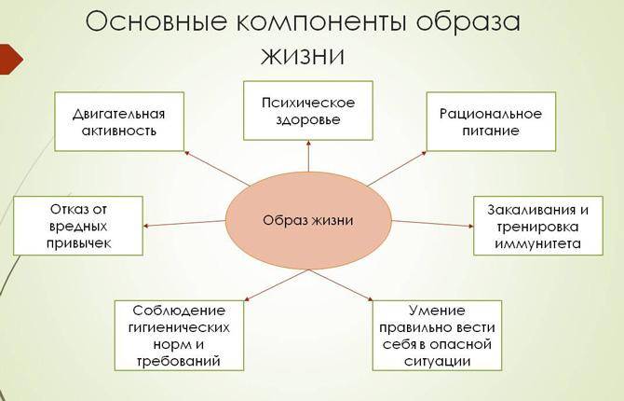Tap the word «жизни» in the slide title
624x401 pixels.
click(303, 55)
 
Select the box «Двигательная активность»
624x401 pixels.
click(119, 121)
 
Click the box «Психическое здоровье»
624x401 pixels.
click(308, 111)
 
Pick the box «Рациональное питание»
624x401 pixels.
click(491, 121)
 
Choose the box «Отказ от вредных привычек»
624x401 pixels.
click(78, 226)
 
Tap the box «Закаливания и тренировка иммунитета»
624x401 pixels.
click(538, 226)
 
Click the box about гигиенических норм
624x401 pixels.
click(179, 336)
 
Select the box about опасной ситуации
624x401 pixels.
click(437, 336)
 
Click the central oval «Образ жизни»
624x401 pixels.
click(309, 220)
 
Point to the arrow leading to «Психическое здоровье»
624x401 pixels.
click(309, 156)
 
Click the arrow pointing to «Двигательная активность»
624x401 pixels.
click(217, 168)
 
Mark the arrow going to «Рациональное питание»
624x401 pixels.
click(397, 169)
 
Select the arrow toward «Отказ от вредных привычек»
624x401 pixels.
click(184, 223)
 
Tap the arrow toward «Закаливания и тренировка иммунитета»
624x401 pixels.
click(433, 223)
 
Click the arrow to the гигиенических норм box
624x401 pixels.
click(277, 285)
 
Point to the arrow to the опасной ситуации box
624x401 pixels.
click(341, 285)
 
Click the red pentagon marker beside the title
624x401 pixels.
click(11, 59)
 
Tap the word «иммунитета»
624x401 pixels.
click(538, 243)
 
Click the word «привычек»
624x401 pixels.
click(78, 243)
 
